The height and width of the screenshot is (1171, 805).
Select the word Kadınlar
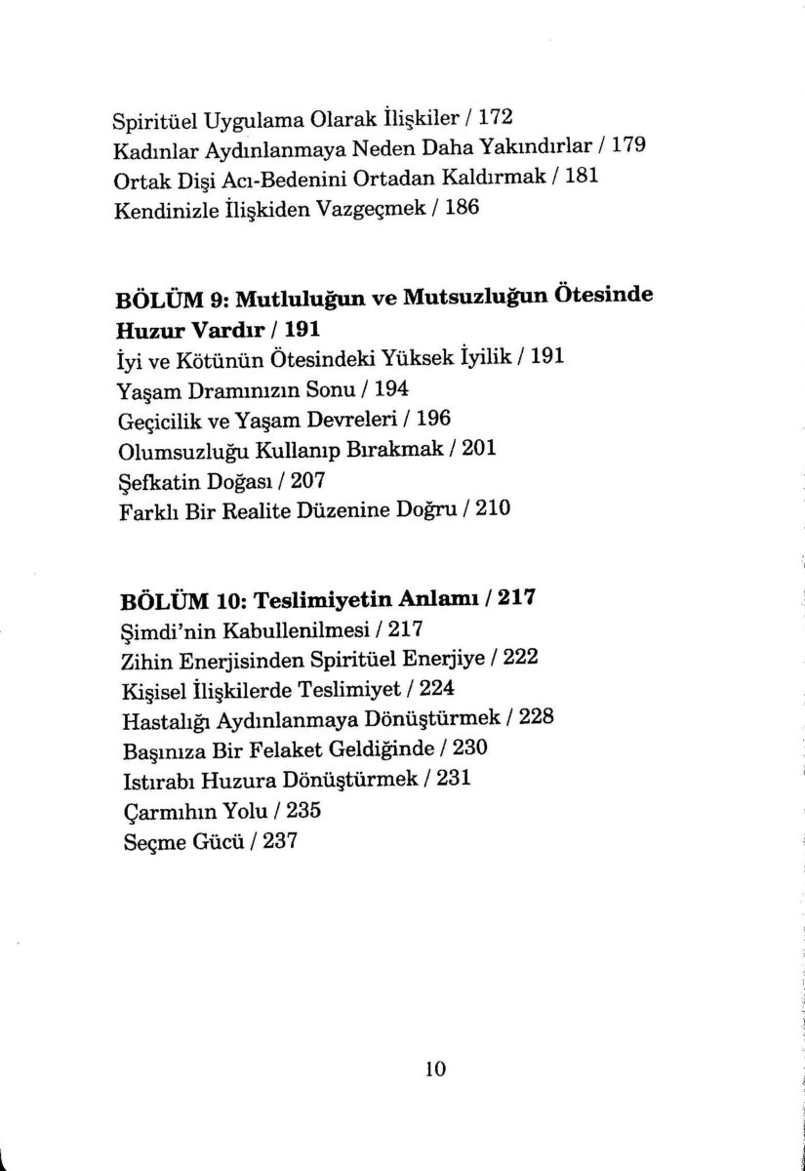click(x=151, y=150)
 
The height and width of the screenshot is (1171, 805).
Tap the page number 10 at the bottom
click(x=435, y=1068)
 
